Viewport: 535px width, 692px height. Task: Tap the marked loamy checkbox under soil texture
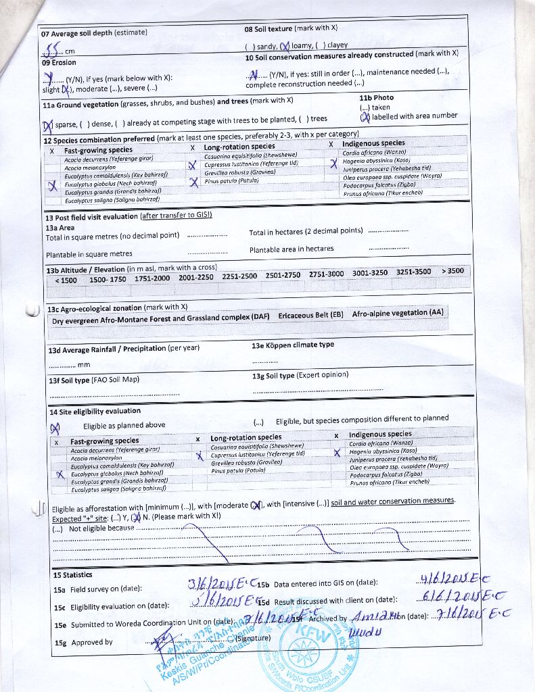(x=285, y=46)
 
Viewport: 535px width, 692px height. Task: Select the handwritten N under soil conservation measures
(x=254, y=74)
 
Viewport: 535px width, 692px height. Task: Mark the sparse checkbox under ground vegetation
(x=48, y=125)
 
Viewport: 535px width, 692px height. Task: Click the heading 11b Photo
(x=376, y=97)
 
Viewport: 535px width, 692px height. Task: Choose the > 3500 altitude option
(x=452, y=271)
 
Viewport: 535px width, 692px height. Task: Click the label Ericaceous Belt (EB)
(x=310, y=316)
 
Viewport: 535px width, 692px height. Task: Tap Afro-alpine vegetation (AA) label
(x=398, y=313)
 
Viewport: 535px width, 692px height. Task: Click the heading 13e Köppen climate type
(x=293, y=345)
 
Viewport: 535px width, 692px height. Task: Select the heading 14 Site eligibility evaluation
(x=95, y=411)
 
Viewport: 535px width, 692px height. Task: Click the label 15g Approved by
(x=83, y=642)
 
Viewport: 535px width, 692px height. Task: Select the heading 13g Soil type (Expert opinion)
(x=300, y=376)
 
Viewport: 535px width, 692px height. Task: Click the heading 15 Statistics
(x=72, y=575)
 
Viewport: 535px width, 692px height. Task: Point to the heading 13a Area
(x=60, y=228)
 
